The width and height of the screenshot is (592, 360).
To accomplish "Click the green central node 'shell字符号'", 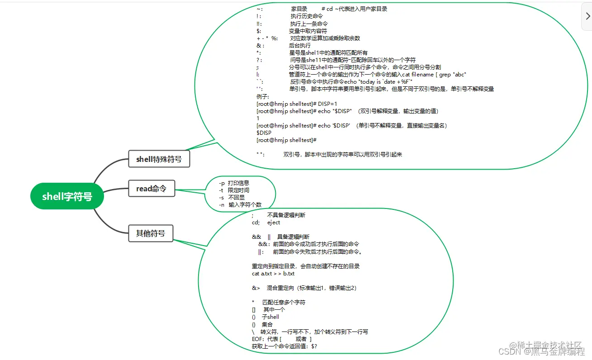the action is (x=67, y=197).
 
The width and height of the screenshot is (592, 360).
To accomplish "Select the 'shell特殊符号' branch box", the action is (x=159, y=159).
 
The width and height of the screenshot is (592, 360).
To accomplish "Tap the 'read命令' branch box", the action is (x=151, y=189).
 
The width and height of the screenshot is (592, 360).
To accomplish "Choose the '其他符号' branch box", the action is (x=151, y=233).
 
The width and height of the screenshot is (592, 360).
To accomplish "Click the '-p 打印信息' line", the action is (x=234, y=183).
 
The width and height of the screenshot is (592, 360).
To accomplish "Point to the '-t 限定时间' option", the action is (x=234, y=190).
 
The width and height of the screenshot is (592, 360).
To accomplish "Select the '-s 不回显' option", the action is (x=232, y=198).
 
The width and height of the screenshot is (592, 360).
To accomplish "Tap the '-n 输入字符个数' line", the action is (x=240, y=205).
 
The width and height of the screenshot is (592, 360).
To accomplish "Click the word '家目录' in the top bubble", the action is (x=299, y=9).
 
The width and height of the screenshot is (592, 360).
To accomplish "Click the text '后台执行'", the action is (x=300, y=46).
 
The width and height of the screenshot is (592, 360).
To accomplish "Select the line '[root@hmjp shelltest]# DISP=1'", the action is (x=297, y=104).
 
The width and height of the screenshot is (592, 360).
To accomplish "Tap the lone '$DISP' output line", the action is (x=264, y=133).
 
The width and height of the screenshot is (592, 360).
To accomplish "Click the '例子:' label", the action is (x=262, y=96).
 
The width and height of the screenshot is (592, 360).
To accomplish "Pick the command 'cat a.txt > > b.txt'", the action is (x=273, y=274).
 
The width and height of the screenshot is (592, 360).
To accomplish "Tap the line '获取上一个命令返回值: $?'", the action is (x=284, y=346).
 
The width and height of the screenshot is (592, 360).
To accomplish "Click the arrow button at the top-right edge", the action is (x=587, y=16).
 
